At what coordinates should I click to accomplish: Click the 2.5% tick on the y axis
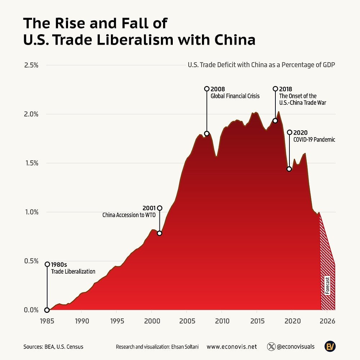[x=31, y=65]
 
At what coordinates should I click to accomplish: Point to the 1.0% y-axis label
[x=31, y=212]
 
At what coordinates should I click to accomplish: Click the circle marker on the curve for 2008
[x=207, y=134]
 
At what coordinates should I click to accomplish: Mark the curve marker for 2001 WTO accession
[x=159, y=233]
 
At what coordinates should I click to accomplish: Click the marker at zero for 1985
[x=47, y=310]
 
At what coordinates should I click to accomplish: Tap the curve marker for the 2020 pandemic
[x=289, y=169]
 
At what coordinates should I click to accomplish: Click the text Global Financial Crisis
[x=235, y=96]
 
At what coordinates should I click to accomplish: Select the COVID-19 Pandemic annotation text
[x=314, y=140]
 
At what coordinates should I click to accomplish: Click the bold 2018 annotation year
[x=285, y=89]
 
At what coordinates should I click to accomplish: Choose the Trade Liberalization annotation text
[x=73, y=271]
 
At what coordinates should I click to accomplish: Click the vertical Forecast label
[x=327, y=285]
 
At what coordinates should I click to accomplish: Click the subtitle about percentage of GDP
[x=261, y=65]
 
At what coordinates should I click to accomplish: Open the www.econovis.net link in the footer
[x=231, y=347]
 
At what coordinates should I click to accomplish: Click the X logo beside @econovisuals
[x=271, y=347]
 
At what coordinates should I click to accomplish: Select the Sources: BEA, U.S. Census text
[x=53, y=347]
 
